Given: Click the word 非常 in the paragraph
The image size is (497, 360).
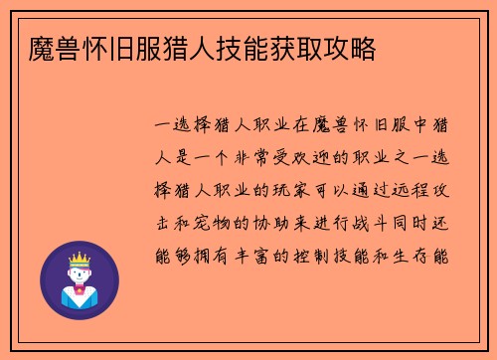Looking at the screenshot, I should click(252, 159).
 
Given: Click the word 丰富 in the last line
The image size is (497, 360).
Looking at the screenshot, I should click(252, 255).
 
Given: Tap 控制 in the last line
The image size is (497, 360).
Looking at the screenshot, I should click(316, 255).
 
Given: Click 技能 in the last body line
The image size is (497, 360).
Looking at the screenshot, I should click(359, 255).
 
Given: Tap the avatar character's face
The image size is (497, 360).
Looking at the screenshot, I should click(80, 272).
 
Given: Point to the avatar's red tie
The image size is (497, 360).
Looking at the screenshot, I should click(80, 295).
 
